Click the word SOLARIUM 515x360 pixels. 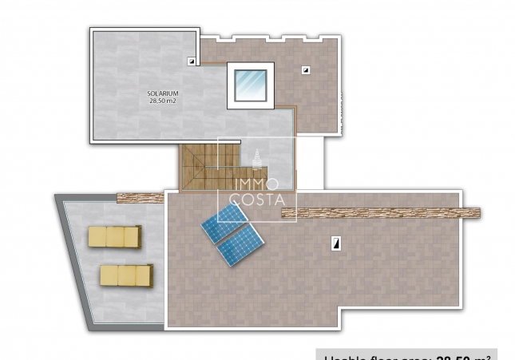click(162, 93)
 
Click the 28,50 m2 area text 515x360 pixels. click(162, 101)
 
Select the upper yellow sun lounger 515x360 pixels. click(114, 236)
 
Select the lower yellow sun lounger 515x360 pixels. click(126, 275)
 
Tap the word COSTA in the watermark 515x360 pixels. click(256, 200)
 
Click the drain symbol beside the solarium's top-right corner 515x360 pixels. click(191, 61)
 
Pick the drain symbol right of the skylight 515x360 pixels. click(305, 70)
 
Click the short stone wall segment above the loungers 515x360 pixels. click(140, 197)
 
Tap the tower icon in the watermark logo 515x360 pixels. click(257, 159)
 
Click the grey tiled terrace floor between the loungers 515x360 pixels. click(120, 255)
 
